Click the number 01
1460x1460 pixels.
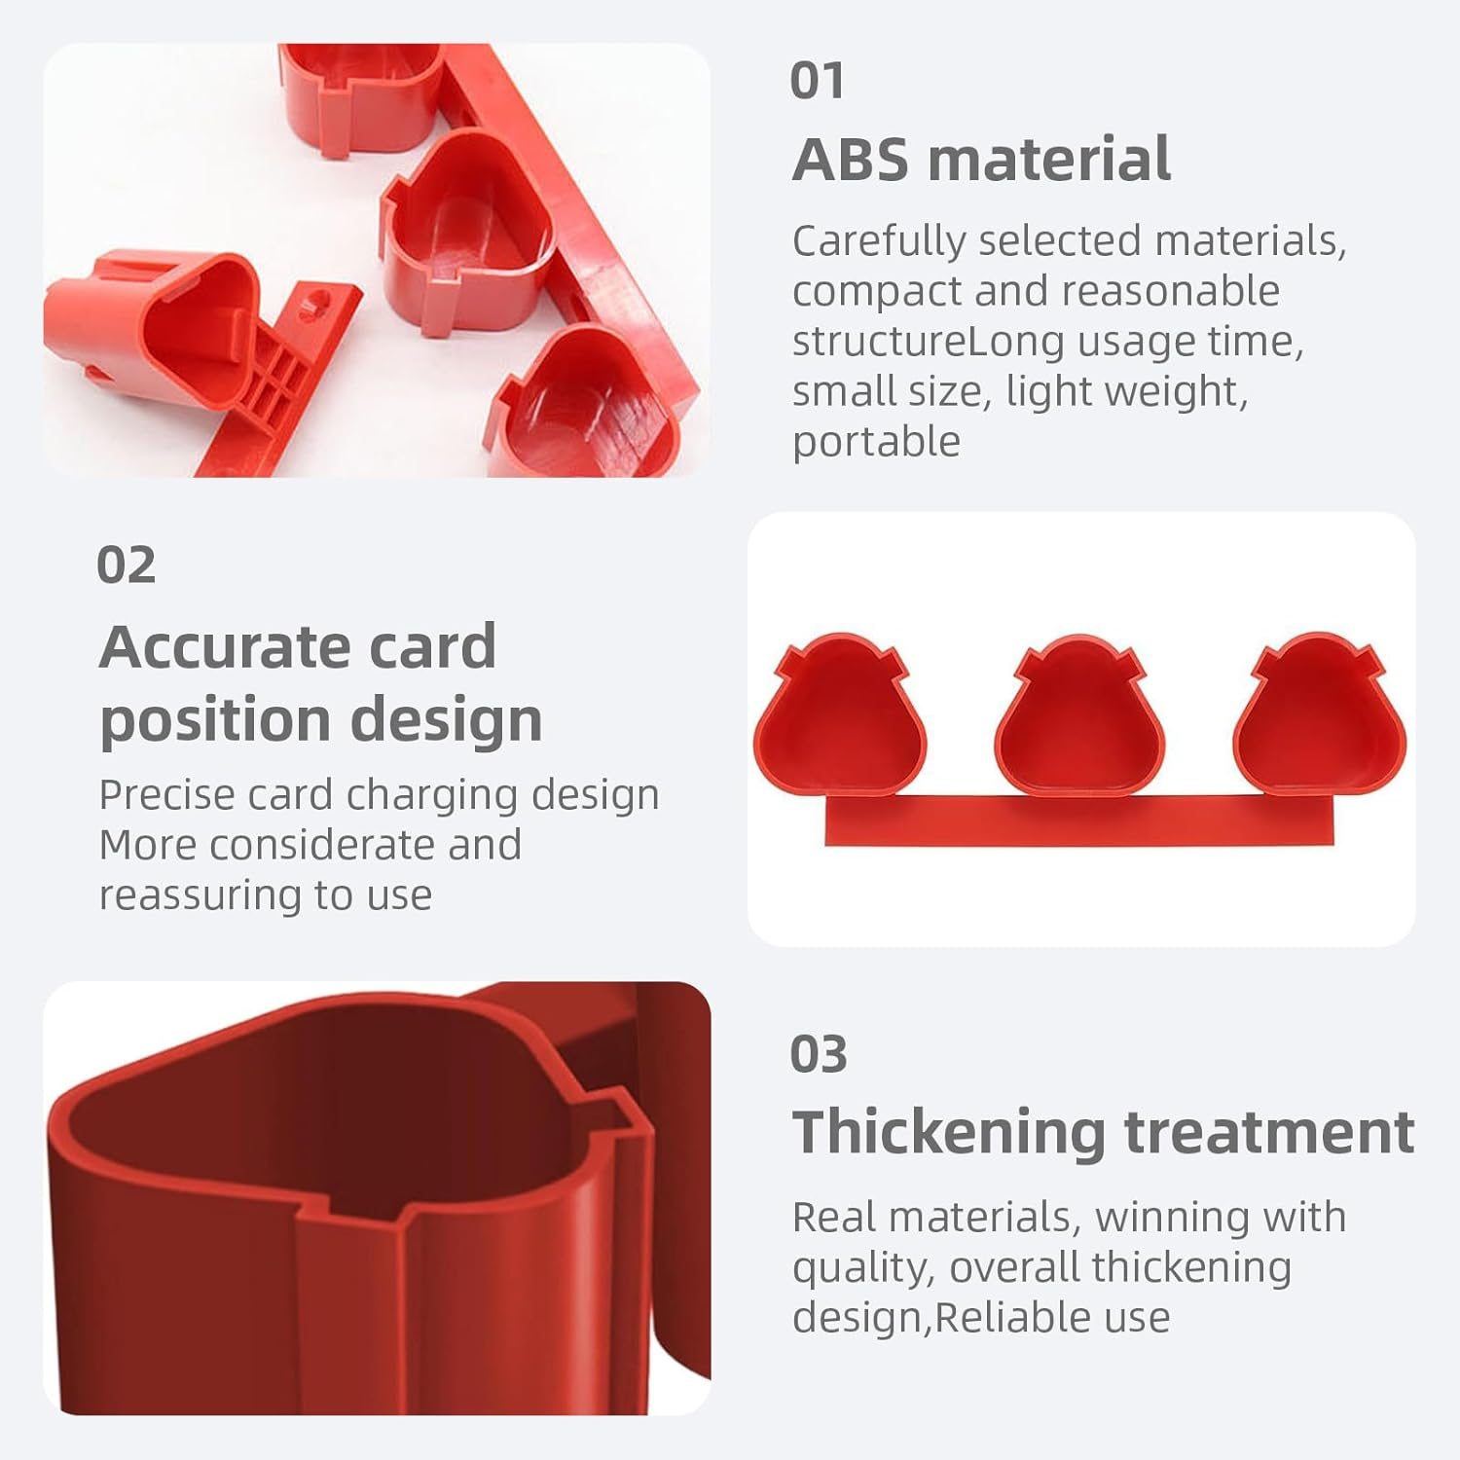[x=817, y=80]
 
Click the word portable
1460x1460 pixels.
[x=876, y=442]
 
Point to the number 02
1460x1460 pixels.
[x=127, y=565]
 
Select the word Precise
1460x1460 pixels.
[x=166, y=794]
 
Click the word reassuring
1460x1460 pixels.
[x=201, y=896]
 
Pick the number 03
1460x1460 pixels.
[x=819, y=1054]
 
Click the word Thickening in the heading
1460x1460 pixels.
[x=949, y=1132]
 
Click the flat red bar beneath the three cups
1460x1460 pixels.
[x=1079, y=820]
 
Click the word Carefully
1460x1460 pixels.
[x=879, y=241]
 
